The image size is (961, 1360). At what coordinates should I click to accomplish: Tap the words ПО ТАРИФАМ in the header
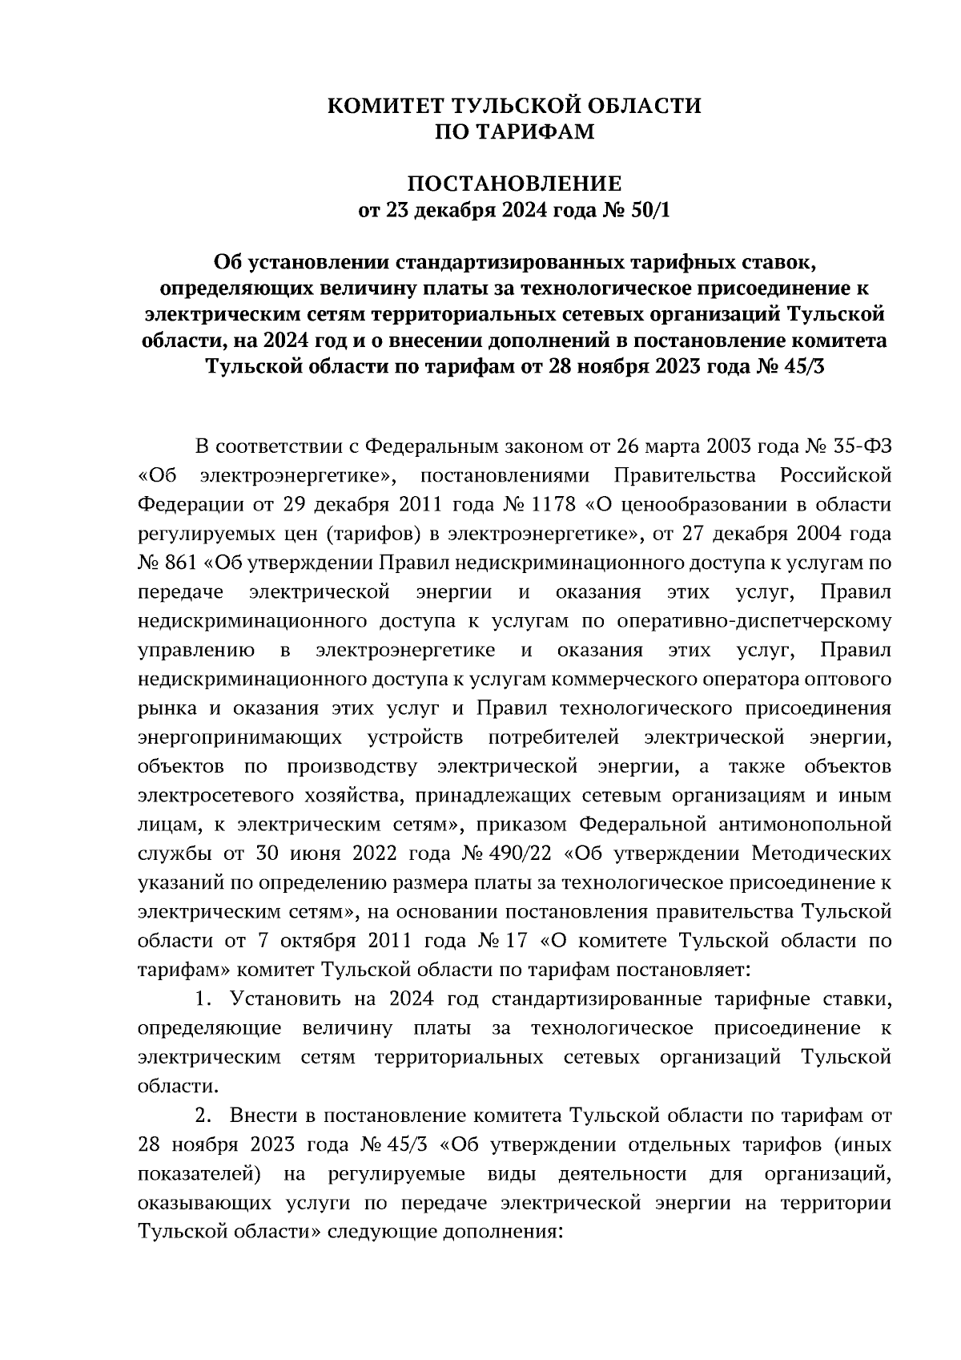pos(514,131)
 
